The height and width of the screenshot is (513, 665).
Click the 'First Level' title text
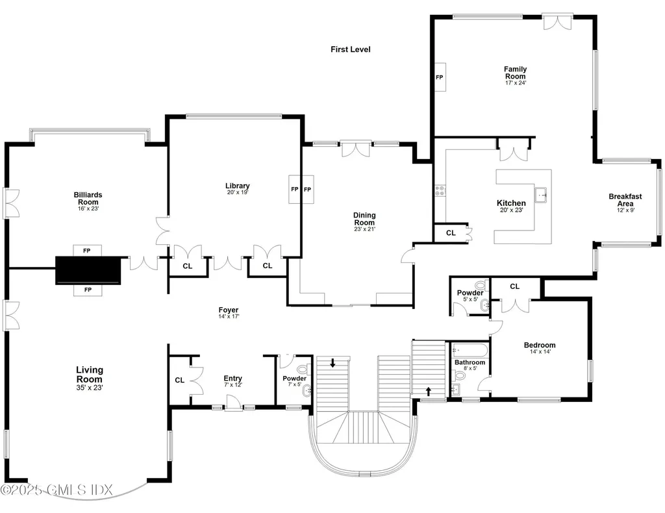(350, 49)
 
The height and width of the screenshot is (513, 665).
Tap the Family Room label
(515, 73)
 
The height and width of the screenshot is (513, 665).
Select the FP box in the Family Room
(439, 77)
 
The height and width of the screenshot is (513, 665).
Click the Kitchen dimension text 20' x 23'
(511, 210)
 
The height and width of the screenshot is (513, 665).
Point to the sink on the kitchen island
(540, 193)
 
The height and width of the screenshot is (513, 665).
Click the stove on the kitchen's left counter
(440, 190)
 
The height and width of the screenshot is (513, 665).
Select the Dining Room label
(364, 219)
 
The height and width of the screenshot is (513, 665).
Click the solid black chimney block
(88, 270)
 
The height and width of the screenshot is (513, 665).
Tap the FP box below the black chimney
(87, 290)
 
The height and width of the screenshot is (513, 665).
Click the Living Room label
(90, 374)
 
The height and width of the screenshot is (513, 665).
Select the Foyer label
(228, 310)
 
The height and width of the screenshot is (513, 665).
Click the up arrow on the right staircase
(428, 390)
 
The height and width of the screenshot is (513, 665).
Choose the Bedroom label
(540, 345)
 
